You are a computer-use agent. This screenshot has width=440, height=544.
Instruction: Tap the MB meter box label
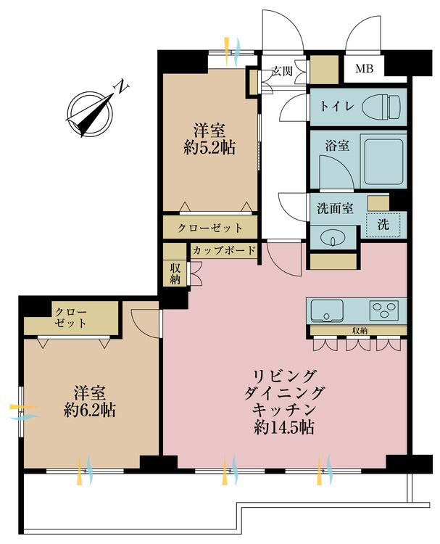363,70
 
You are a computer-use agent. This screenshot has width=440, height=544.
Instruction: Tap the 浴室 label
338,145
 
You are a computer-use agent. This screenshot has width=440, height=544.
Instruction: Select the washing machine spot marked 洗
382,225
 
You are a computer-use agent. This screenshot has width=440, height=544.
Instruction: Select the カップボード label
224,251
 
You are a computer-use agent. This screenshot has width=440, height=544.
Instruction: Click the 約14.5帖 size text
284,428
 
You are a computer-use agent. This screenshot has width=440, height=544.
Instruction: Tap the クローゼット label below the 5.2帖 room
209,228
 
